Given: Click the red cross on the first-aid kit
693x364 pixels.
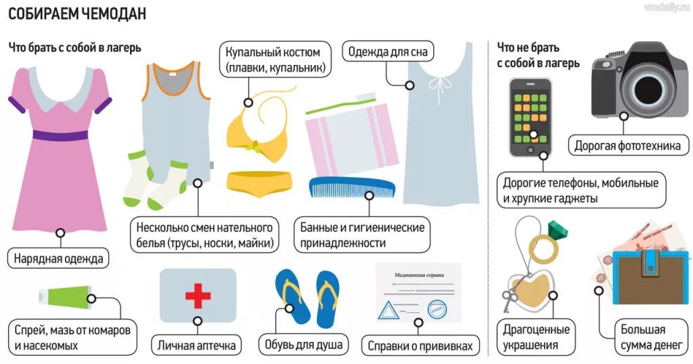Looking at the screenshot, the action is [x=198, y=296].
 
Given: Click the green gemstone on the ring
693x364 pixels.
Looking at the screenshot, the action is [x=558, y=231].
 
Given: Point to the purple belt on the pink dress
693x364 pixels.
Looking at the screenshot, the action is [x=60, y=135].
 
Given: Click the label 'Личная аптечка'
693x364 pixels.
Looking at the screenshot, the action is [x=197, y=345].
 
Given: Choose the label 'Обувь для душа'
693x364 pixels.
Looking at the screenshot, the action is [x=303, y=344].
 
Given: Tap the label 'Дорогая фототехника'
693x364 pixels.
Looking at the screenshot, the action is [x=631, y=145].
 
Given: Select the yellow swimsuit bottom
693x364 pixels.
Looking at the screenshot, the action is [x=259, y=183].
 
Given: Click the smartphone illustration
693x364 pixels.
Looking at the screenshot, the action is [x=531, y=116].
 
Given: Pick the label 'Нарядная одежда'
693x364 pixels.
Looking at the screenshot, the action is [x=60, y=258].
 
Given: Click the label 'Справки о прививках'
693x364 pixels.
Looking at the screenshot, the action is [x=420, y=346].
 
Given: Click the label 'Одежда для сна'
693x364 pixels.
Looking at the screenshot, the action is [x=388, y=51].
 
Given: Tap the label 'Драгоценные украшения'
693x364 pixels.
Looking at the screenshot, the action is [x=536, y=338].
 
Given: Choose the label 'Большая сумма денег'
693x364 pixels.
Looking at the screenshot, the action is [x=644, y=338].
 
